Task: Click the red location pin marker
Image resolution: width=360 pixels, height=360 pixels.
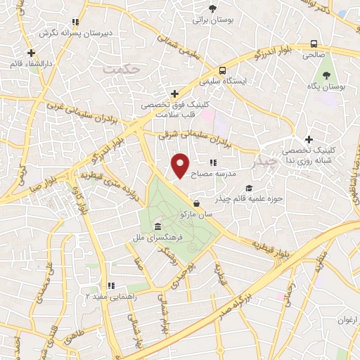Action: pos(181,165)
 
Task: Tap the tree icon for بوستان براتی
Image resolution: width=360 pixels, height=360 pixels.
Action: pos(213,9)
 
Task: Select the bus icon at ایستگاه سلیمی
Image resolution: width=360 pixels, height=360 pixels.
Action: pos(222,70)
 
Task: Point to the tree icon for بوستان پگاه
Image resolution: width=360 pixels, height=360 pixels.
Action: pos(326,75)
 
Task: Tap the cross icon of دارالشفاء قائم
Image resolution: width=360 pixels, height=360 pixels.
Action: pos(31,53)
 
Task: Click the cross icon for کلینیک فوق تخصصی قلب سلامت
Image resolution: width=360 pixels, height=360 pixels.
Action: pos(176,94)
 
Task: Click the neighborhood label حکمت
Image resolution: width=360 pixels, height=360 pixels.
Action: pos(116,69)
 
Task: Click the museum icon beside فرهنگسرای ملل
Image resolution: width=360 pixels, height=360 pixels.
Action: pos(157,227)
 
